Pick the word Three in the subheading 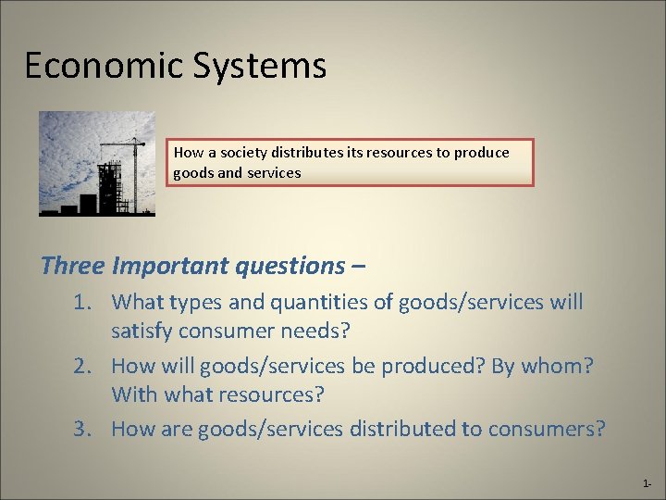[72, 267]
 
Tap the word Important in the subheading [170, 267]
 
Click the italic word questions [290, 267]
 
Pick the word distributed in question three [403, 429]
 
